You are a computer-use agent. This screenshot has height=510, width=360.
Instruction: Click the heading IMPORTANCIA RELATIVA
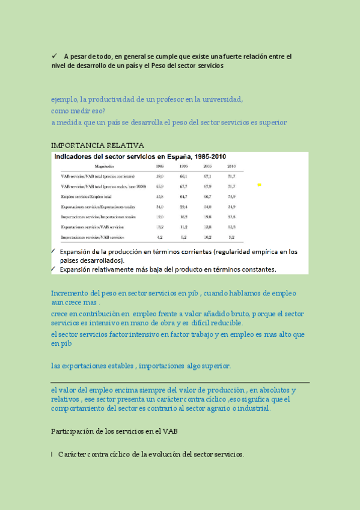pos(97,146)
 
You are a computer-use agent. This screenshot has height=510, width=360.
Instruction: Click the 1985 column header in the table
pos(160,166)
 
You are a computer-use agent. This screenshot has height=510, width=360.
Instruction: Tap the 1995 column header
pos(183,166)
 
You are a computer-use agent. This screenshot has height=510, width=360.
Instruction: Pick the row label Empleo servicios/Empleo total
pos(87,197)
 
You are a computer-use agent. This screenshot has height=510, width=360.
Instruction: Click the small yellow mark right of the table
pos(260,185)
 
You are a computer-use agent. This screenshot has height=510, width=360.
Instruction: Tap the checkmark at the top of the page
pos(54,57)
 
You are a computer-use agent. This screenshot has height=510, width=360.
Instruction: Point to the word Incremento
pos(70,293)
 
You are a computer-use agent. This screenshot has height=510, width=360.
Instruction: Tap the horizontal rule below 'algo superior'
pos(180,382)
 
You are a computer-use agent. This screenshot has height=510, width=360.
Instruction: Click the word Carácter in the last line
pos(74,454)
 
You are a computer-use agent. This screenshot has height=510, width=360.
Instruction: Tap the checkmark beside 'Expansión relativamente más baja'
pos(54,269)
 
